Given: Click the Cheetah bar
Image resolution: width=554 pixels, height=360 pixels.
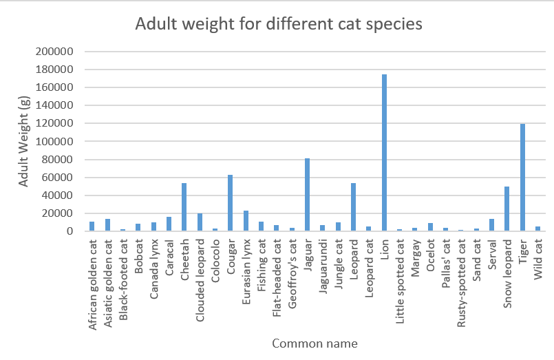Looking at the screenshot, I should (x=184, y=207).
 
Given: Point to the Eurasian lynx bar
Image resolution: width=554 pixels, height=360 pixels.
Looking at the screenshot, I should (x=246, y=221).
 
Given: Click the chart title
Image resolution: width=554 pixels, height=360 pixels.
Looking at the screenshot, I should (x=278, y=24).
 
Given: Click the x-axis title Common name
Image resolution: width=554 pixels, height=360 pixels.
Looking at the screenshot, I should (x=315, y=343).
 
